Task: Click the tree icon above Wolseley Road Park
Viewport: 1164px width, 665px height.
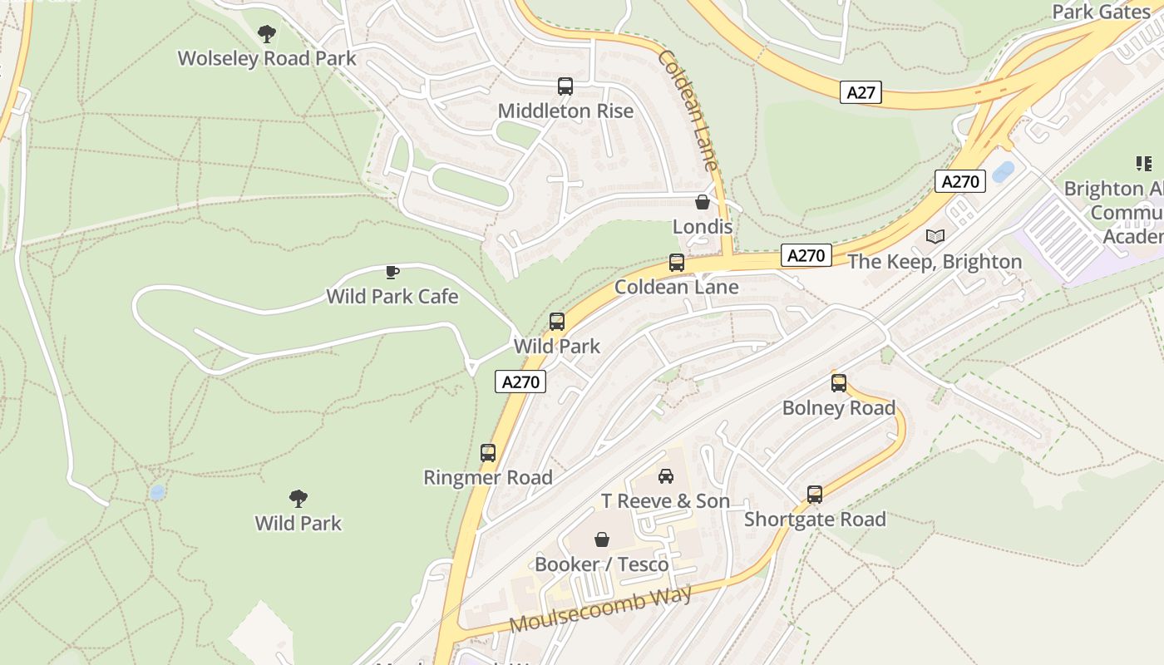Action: pos(267,34)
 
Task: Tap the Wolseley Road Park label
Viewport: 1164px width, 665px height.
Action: pos(267,58)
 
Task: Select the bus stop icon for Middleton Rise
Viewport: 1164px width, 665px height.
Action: pos(565,86)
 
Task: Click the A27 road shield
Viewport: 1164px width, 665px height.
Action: pos(861,92)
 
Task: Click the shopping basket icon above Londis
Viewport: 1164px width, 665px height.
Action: pos(703,202)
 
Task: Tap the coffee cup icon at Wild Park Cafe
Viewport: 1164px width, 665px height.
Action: pos(392,272)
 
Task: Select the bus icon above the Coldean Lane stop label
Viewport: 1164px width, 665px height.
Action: pos(677,263)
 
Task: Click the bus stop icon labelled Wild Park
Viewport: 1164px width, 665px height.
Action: pos(557,322)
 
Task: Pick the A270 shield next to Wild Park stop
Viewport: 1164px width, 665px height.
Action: pos(521,382)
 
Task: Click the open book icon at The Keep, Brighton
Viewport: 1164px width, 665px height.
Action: pos(935,237)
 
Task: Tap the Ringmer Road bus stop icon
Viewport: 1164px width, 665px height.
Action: pos(488,453)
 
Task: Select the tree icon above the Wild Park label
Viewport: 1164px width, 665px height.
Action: pos(298,499)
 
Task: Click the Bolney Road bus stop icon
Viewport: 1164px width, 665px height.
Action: pos(839,383)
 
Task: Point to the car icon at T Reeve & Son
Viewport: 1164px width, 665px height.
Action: pos(666,476)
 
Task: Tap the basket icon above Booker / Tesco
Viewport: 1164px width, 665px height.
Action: pos(602,539)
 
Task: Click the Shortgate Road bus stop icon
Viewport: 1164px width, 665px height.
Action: pos(815,495)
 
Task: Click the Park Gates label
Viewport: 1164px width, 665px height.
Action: pos(1101,12)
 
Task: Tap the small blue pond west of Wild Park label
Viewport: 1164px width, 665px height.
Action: pos(157,493)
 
